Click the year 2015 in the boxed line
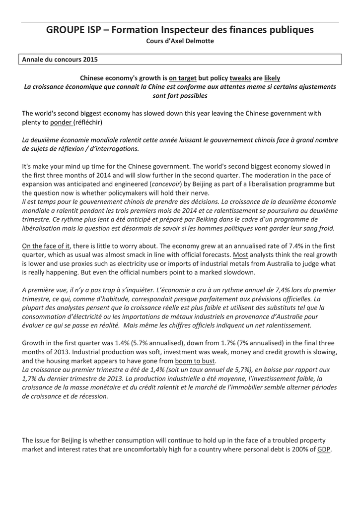(x=89, y=60)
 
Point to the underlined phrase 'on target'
(x=182, y=78)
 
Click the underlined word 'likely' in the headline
(x=272, y=78)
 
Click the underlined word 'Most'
(x=240, y=255)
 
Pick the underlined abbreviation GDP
(x=324, y=449)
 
